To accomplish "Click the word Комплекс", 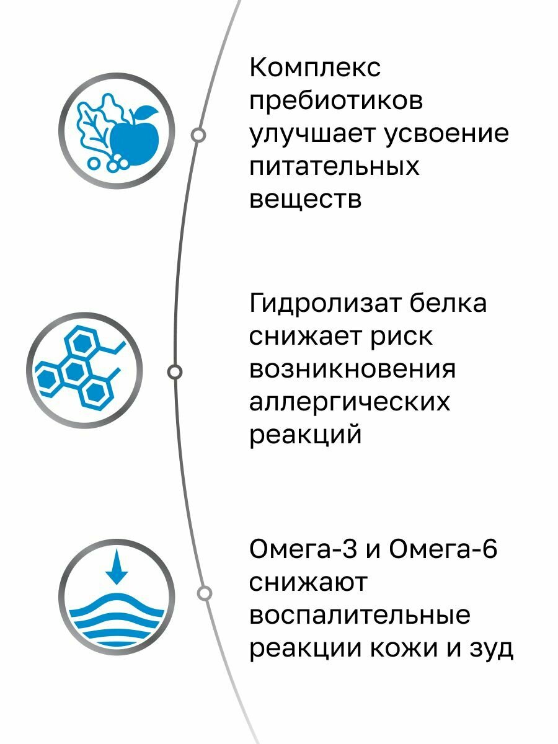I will [315, 68].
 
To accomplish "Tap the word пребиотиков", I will [336, 101].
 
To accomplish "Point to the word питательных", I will [334, 167].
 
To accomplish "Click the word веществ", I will [305, 200].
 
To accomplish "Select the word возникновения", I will [352, 370].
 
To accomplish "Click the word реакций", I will [305, 435].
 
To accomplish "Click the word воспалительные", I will [360, 616].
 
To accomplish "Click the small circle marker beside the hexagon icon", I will [175, 371].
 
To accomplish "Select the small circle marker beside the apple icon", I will [198, 135].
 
